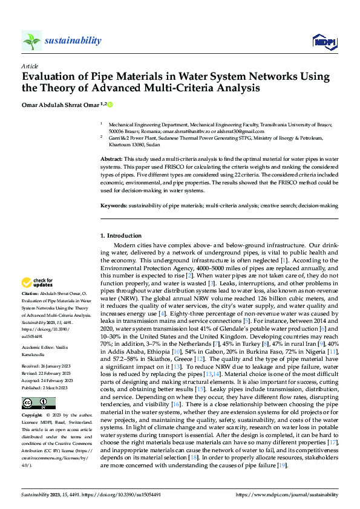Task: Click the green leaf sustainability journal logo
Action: (31, 41)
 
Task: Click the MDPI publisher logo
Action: (324, 41)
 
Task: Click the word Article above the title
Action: (30, 66)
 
